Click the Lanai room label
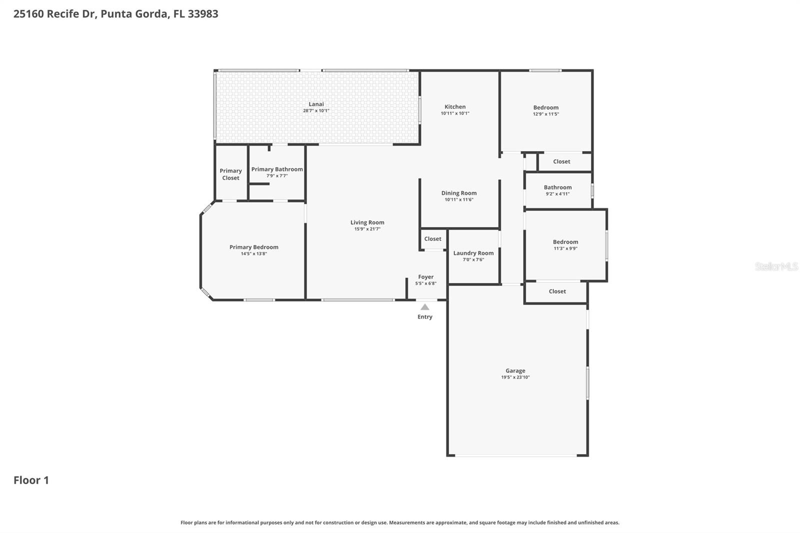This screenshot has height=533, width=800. click(316, 104)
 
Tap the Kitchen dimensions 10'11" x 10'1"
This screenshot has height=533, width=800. click(455, 113)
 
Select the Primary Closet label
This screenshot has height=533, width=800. click(230, 174)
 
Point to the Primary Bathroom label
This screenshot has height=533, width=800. click(277, 169)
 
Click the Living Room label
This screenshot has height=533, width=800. click(367, 222)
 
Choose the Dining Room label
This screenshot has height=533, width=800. click(458, 193)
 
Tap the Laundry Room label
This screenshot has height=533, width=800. click(473, 253)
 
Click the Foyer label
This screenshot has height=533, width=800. click(425, 277)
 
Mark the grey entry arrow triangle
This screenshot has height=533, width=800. click(424, 307)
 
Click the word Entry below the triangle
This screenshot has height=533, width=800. click(424, 317)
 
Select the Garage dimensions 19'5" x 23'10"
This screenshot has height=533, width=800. click(515, 377)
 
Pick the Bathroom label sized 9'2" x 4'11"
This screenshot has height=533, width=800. click(557, 187)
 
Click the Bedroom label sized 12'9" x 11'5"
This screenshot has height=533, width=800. click(545, 107)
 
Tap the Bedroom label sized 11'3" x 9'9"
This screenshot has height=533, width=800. click(565, 242)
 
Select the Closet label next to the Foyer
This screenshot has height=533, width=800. click(432, 239)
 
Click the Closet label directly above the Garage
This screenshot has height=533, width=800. click(557, 291)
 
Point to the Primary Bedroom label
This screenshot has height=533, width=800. click(253, 247)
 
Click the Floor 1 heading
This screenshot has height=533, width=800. click(31, 480)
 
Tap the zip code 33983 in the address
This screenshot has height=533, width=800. click(202, 14)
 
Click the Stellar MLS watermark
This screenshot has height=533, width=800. click(776, 266)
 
